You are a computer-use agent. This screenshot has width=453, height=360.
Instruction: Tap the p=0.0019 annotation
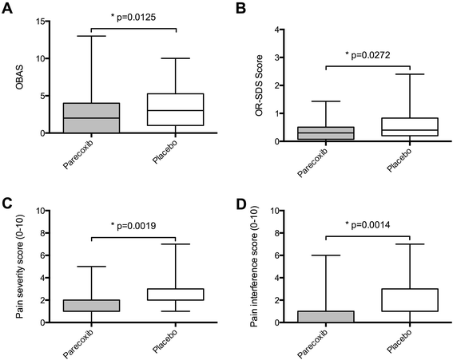click(131, 227)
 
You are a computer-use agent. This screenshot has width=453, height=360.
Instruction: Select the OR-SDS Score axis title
click(257, 86)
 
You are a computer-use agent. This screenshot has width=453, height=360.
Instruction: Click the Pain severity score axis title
click(20, 267)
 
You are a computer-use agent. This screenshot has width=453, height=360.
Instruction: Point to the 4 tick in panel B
click(276, 30)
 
